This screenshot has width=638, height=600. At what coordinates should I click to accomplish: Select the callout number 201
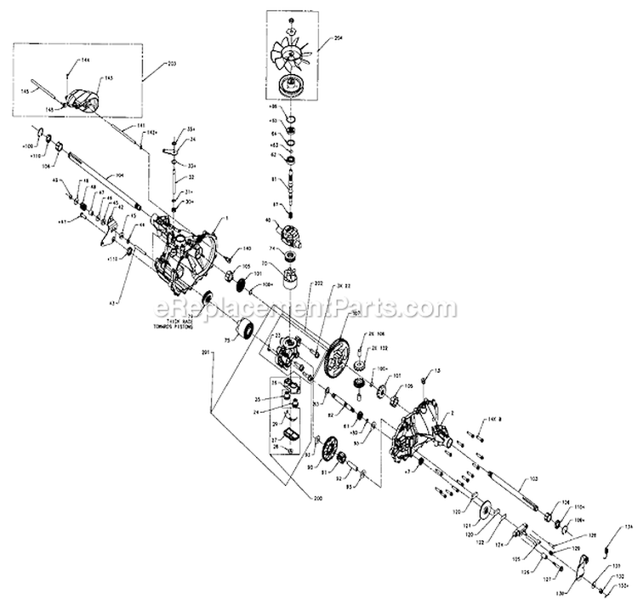pos(205,351)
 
